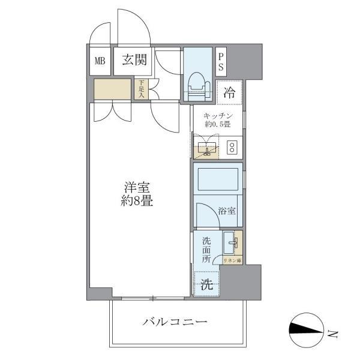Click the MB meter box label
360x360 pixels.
(x=100, y=60)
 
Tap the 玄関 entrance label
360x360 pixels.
(x=135, y=60)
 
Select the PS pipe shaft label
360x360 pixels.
(x=221, y=61)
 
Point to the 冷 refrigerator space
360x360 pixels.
(x=229, y=92)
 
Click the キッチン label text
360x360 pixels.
(x=218, y=116)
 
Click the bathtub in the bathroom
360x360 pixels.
(x=217, y=178)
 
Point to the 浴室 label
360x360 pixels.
(x=227, y=211)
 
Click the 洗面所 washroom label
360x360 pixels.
(x=206, y=250)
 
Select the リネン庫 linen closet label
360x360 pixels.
(x=232, y=260)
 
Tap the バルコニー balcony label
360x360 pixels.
(x=175, y=322)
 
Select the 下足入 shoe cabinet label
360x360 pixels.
(x=142, y=89)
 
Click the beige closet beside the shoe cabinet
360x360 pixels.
(x=112, y=89)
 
